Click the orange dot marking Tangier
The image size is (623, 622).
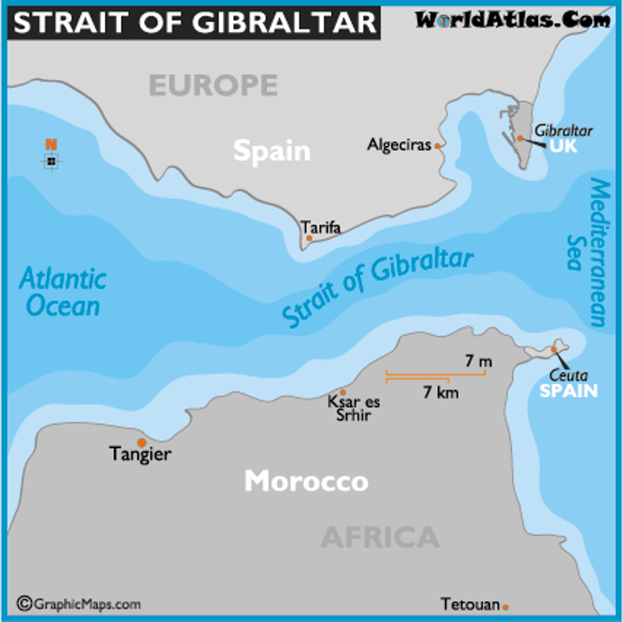click(141, 442)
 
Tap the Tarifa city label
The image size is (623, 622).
click(321, 227)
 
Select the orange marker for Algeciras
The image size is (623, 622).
click(437, 146)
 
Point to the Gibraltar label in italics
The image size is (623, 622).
click(563, 131)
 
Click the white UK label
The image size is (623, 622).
click(563, 146)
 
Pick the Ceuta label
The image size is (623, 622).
click(568, 375)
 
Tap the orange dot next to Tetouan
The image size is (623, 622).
click(505, 607)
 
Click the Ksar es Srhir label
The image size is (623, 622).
click(353, 408)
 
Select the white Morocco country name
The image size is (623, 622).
click(306, 481)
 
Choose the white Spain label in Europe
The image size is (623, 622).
click(272, 151)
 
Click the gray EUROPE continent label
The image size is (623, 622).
click(213, 85)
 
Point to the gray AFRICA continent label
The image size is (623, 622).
click(380, 537)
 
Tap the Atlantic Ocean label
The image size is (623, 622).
click(63, 292)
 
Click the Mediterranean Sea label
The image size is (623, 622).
click(591, 252)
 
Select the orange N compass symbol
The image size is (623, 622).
click(51, 145)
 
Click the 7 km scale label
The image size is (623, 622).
click(441, 392)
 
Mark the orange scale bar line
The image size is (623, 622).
click(435, 373)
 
